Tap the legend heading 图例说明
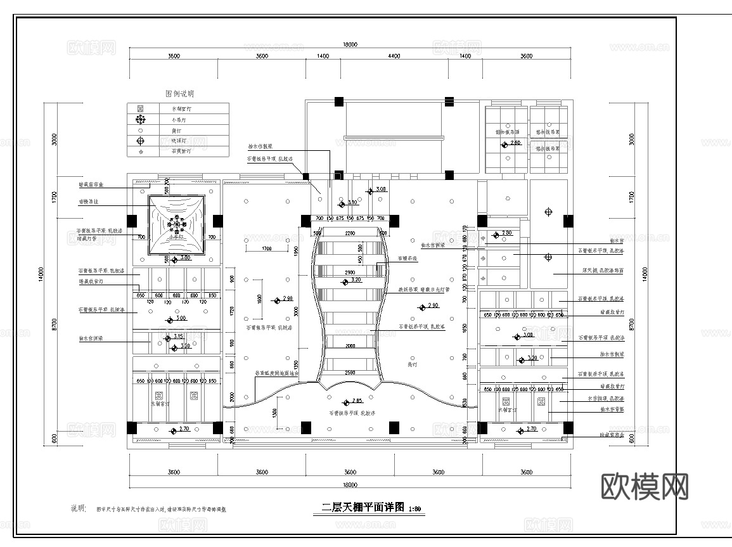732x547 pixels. pos(179,93)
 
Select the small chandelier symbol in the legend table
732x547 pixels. pos(141,119)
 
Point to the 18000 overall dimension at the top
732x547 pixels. pos(350,44)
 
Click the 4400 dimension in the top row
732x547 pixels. pos(394,56)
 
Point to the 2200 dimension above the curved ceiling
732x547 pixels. pos(350,233)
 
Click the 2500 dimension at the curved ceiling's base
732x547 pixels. pos(350,373)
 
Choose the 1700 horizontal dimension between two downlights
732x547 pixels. pos(266,248)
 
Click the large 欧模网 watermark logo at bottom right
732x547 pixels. pos(644,487)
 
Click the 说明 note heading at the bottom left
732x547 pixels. pos(78,508)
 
